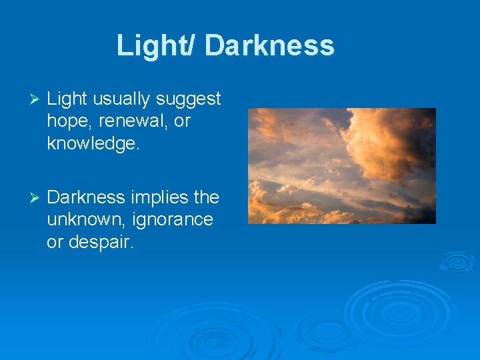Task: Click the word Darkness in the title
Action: pos(269,45)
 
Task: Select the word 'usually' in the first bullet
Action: pos(121,99)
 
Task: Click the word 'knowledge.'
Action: pos(93,143)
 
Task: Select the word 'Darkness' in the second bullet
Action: pos(86,197)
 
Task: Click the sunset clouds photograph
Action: pos(341,166)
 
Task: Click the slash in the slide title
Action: pos(193,45)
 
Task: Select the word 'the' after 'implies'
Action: pos(205,197)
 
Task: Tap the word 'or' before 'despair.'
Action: pos(55,241)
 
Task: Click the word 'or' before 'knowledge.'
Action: pos(182,121)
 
